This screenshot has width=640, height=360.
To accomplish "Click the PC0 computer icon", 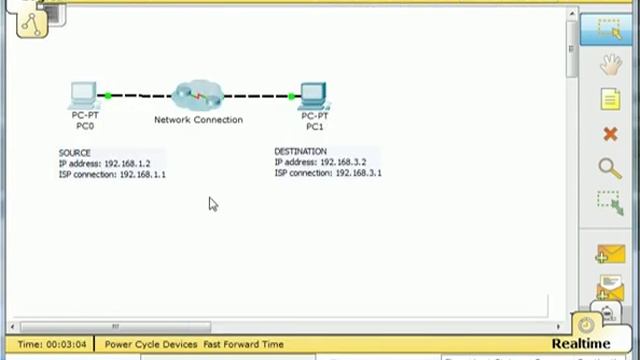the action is (84, 96).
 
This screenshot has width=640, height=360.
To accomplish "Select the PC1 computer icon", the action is (314, 96).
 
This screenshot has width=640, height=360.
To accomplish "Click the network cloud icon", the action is (197, 97).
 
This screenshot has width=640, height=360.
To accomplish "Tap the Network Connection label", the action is (198, 120).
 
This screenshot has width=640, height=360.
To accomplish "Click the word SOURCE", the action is (75, 153).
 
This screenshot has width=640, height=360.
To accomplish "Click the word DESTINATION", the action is (300, 152).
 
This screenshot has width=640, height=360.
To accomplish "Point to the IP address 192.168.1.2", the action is (127, 163).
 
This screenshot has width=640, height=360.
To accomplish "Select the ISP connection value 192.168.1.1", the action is (142, 174).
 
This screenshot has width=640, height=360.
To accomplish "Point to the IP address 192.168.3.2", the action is (343, 162).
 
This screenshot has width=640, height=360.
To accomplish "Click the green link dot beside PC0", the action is (107, 96).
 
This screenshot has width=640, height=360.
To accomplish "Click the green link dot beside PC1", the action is (292, 97).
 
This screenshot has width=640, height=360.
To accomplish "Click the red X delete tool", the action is (610, 134).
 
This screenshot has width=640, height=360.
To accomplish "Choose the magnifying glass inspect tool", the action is (610, 168).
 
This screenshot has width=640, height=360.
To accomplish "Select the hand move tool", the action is (610, 65).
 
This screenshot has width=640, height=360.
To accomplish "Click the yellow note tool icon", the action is (610, 99).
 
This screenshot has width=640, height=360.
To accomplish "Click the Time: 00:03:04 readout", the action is (51, 344).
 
